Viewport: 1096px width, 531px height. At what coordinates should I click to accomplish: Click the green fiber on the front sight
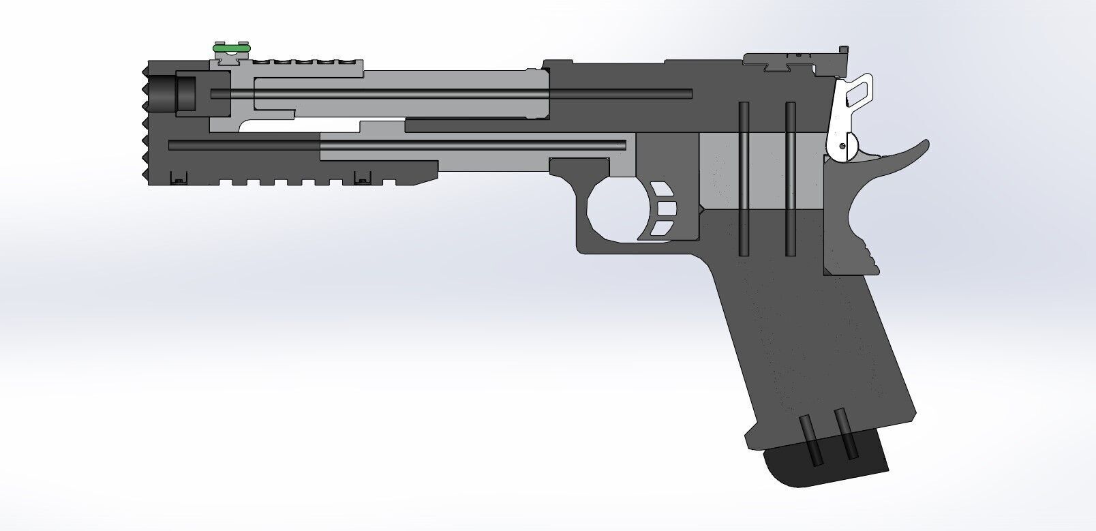pos(231,48)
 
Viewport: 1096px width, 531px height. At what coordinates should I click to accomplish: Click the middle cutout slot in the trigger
pos(666,207)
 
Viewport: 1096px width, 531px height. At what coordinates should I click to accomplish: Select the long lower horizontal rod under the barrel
pos(395,145)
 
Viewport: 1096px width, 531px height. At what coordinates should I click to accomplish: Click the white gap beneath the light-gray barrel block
pos(300,127)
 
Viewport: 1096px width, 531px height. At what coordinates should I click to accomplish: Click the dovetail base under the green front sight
pos(229,61)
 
